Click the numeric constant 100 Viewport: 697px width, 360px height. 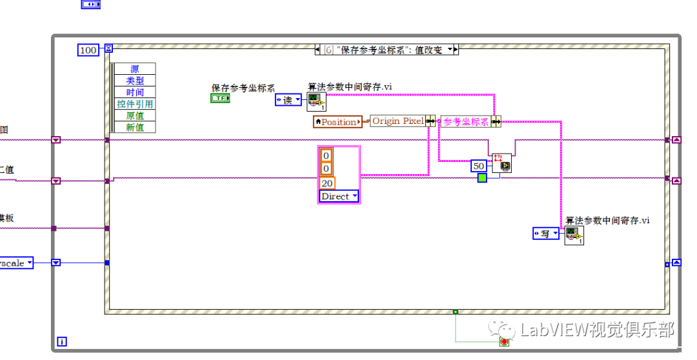coord(87,50)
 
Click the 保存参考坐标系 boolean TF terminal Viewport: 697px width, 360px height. coord(220,98)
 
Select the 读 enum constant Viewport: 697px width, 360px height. coord(288,99)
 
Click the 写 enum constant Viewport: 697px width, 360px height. coord(546,234)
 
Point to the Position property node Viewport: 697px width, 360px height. coord(338,121)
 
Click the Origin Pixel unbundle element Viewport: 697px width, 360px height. coord(397,121)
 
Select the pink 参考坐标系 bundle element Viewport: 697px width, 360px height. coord(465,121)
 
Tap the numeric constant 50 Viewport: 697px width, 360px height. coord(479,166)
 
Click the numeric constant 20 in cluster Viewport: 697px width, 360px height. coord(327,183)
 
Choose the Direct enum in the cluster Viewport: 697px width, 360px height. coord(339,196)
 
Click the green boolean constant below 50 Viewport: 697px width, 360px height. coord(482,177)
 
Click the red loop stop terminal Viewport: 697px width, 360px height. coord(504,341)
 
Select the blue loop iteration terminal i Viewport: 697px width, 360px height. coord(62,341)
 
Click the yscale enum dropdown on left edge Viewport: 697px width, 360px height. coord(15,263)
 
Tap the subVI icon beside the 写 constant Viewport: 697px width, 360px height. coord(574,235)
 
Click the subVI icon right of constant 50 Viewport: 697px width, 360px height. coord(501,163)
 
